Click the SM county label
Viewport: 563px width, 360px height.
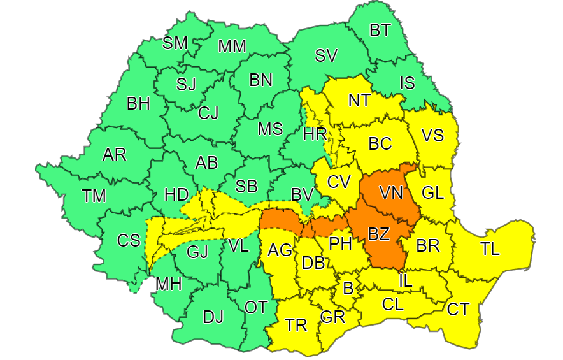coord(175,43)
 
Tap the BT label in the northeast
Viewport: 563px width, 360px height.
coord(380,29)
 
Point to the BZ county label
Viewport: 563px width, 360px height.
coord(379,234)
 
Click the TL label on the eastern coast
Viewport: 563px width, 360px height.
coord(490,250)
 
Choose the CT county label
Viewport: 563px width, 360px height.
coord(458,310)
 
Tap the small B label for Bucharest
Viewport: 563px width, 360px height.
coord(348,287)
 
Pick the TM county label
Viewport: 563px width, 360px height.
coord(94,196)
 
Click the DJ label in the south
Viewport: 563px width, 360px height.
coord(213,317)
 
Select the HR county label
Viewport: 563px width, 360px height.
coord(315,134)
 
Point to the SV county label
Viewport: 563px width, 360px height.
coord(325,55)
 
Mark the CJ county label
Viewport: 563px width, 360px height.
coord(208,113)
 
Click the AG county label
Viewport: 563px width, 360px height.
coord(280,251)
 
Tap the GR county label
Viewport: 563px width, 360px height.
coord(332,316)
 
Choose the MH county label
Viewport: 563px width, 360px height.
coord(168,284)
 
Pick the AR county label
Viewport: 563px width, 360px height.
coord(115,154)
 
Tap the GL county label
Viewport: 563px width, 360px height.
coord(432,194)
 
